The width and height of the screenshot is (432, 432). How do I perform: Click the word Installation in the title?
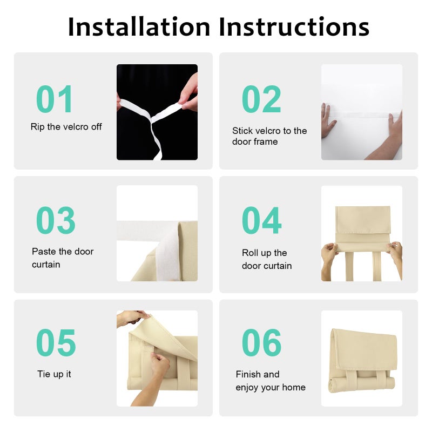(139, 26)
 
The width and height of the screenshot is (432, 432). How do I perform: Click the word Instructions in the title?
(294, 26)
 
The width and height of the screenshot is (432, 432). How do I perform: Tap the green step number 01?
(55, 99)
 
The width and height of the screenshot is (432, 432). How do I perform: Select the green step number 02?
(261, 99)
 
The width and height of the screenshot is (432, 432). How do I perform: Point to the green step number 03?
(56, 220)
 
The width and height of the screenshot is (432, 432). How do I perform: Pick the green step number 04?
(262, 220)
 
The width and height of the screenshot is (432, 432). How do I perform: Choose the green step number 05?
(56, 342)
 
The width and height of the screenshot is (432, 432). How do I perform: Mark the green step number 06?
(262, 342)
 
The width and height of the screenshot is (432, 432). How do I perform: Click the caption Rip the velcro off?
(66, 127)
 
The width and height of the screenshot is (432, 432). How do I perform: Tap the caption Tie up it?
(54, 374)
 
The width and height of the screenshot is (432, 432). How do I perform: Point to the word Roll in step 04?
(250, 253)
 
